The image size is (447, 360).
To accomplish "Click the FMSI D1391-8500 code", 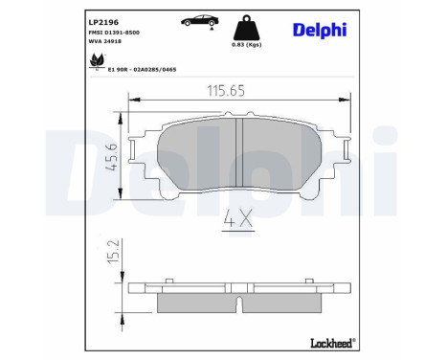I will pyautogui.click(x=94, y=33).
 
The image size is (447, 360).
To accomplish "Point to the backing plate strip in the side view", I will pyautogui.click(x=238, y=286).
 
